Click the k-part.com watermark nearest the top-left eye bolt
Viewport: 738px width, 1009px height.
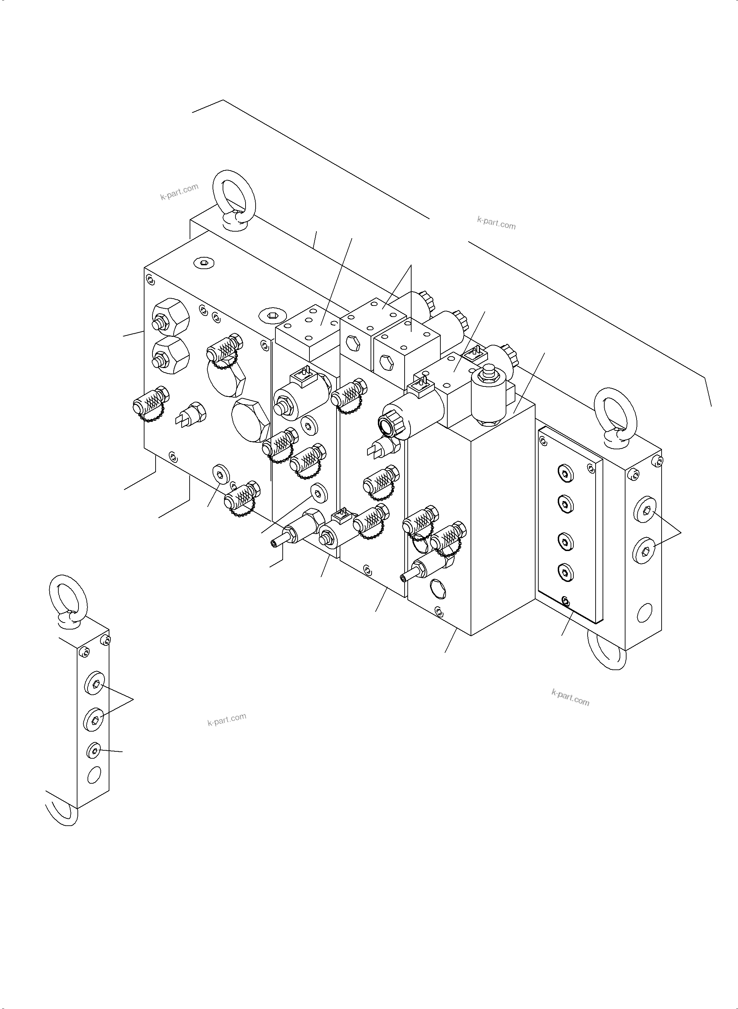point(179,192)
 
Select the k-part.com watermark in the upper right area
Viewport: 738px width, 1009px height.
point(496,223)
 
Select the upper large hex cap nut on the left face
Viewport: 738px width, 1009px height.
point(171,317)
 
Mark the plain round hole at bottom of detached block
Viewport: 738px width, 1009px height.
point(94,775)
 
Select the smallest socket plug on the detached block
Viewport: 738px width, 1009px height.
point(94,751)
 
